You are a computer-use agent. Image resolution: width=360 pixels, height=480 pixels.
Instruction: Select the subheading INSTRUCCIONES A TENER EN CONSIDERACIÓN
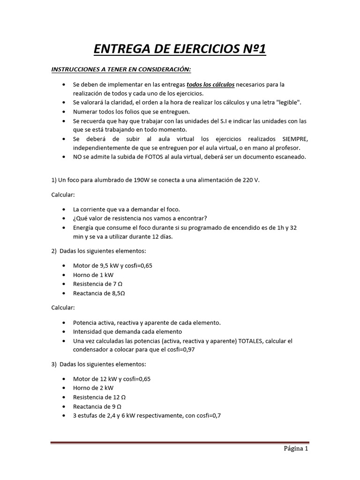click(x=121, y=70)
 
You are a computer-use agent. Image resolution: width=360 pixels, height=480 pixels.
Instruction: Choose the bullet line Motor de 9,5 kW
click(x=112, y=265)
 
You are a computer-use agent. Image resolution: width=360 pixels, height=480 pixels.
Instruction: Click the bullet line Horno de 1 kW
click(x=93, y=275)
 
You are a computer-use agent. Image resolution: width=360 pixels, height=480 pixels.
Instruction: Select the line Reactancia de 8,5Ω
click(x=99, y=293)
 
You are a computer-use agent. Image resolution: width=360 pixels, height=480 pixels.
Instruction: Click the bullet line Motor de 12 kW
click(x=112, y=378)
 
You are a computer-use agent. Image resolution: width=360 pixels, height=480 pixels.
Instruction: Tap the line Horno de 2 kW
click(x=93, y=388)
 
